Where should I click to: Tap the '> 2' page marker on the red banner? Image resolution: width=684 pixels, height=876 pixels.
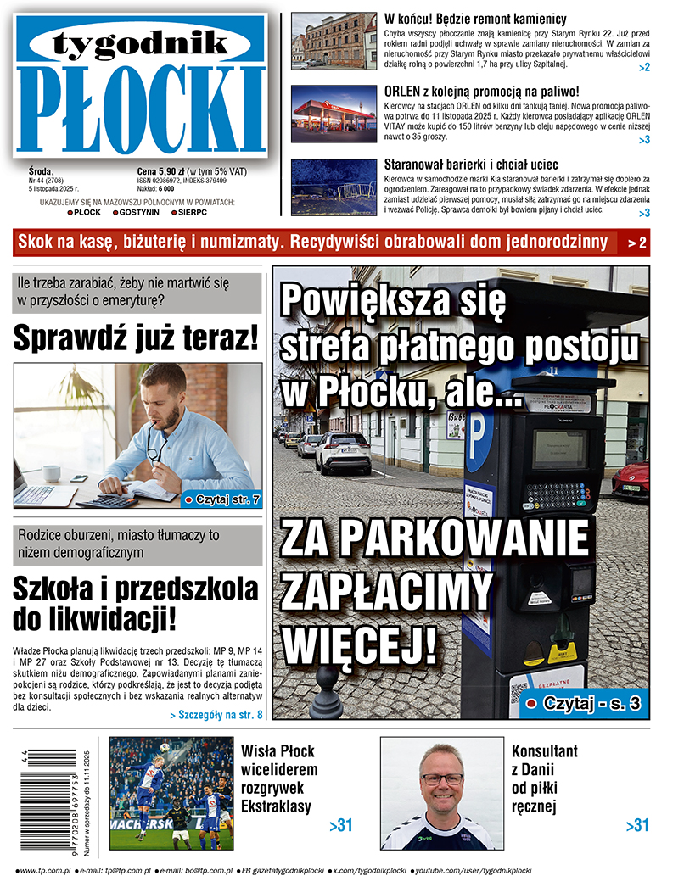pyautogui.click(x=637, y=243)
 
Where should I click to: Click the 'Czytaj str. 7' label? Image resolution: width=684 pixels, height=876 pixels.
pyautogui.click(x=222, y=499)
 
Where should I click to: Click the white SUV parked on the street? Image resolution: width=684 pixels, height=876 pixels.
pyautogui.click(x=343, y=452)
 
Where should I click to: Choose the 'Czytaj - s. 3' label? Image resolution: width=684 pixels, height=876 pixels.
pyautogui.click(x=584, y=703)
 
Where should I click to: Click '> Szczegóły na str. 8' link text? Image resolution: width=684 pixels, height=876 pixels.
pyautogui.click(x=216, y=715)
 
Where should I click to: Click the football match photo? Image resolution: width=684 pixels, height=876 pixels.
pyautogui.click(x=171, y=793)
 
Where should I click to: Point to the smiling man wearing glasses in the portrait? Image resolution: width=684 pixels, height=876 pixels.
pyautogui.click(x=441, y=784)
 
